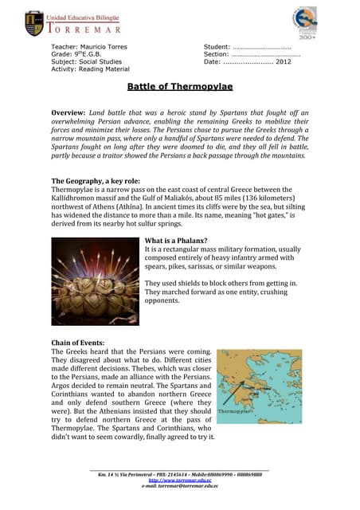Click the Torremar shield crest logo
[x=36, y=23]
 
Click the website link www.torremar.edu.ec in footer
[x=179, y=481]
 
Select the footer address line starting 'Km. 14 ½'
[x=179, y=475]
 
